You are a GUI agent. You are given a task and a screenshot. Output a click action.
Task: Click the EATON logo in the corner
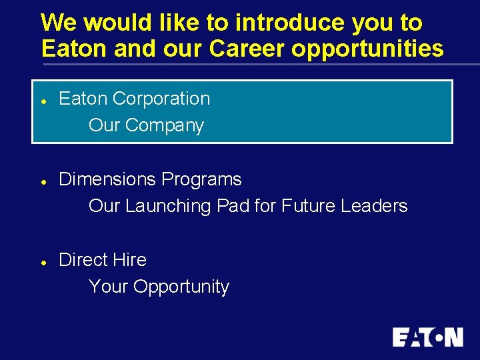pyautogui.click(x=427, y=337)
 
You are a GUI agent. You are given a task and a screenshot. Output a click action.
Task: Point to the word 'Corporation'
pyautogui.click(x=161, y=99)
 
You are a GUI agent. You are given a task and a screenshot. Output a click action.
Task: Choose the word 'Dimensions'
pyautogui.click(x=108, y=179)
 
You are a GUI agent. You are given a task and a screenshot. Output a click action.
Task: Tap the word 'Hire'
pyautogui.click(x=130, y=259)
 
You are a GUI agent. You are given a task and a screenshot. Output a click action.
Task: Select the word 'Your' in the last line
pyautogui.click(x=108, y=287)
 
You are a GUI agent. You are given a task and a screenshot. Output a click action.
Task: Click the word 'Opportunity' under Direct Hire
pyautogui.click(x=181, y=287)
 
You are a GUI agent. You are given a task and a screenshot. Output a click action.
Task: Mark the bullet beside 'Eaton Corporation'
pyautogui.click(x=42, y=101)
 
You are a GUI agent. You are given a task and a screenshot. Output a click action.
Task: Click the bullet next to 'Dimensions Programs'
pyautogui.click(x=42, y=181)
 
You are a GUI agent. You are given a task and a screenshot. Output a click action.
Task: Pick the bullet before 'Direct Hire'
pyautogui.click(x=42, y=262)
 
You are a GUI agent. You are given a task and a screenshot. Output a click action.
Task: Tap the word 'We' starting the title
pyautogui.click(x=59, y=23)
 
